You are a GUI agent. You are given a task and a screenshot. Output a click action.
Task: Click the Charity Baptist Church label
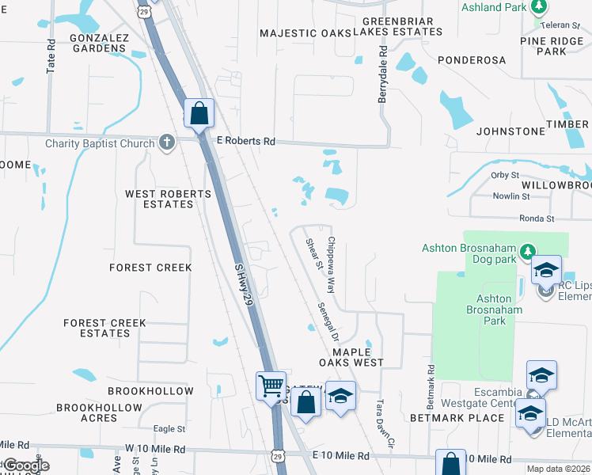[x=101, y=143]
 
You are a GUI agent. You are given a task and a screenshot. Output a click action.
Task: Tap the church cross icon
[x=166, y=142]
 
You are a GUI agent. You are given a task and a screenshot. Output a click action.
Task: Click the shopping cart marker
[x=271, y=386]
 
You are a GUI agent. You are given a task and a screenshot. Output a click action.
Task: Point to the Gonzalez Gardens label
[x=97, y=43]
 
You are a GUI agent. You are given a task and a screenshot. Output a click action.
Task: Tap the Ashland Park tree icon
[x=539, y=8]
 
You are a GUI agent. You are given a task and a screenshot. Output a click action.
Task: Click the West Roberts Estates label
[x=168, y=199]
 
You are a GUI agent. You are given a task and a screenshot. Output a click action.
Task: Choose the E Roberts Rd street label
[x=246, y=142]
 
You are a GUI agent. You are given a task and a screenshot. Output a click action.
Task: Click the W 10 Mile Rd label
[x=155, y=448]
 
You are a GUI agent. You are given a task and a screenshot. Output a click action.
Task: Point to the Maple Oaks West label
[x=351, y=356]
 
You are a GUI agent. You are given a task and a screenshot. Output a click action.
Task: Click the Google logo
[x=25, y=465]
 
